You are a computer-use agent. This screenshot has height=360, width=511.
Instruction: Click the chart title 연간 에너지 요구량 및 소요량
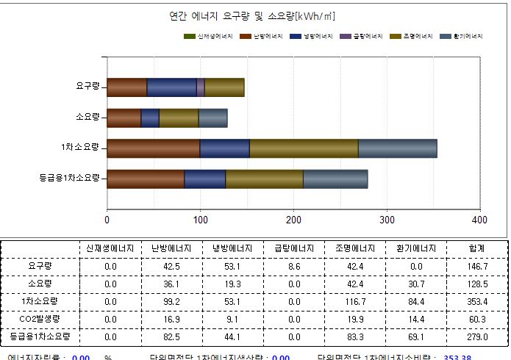[x=252, y=16]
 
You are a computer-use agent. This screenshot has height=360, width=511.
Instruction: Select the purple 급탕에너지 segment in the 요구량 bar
[x=201, y=87]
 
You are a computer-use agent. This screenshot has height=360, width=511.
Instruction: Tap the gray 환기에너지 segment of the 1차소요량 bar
[x=397, y=148]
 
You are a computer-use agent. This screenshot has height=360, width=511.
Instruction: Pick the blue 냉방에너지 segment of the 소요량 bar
[x=150, y=118]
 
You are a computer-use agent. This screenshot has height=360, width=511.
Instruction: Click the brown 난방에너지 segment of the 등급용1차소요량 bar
[x=146, y=179]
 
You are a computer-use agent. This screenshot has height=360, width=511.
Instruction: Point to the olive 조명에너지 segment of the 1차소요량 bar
[x=304, y=148]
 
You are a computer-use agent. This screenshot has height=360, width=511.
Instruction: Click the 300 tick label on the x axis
[x=386, y=220]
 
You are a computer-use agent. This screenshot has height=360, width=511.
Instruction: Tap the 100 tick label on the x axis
[x=200, y=220]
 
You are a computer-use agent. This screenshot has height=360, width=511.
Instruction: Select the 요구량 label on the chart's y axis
[x=87, y=87]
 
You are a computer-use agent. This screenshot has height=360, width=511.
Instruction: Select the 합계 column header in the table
[x=476, y=248]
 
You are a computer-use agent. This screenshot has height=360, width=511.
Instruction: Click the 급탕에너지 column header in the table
[x=294, y=248]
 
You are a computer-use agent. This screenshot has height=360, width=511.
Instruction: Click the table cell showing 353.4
[x=476, y=301]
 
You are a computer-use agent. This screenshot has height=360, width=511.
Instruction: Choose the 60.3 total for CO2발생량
[x=476, y=319]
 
